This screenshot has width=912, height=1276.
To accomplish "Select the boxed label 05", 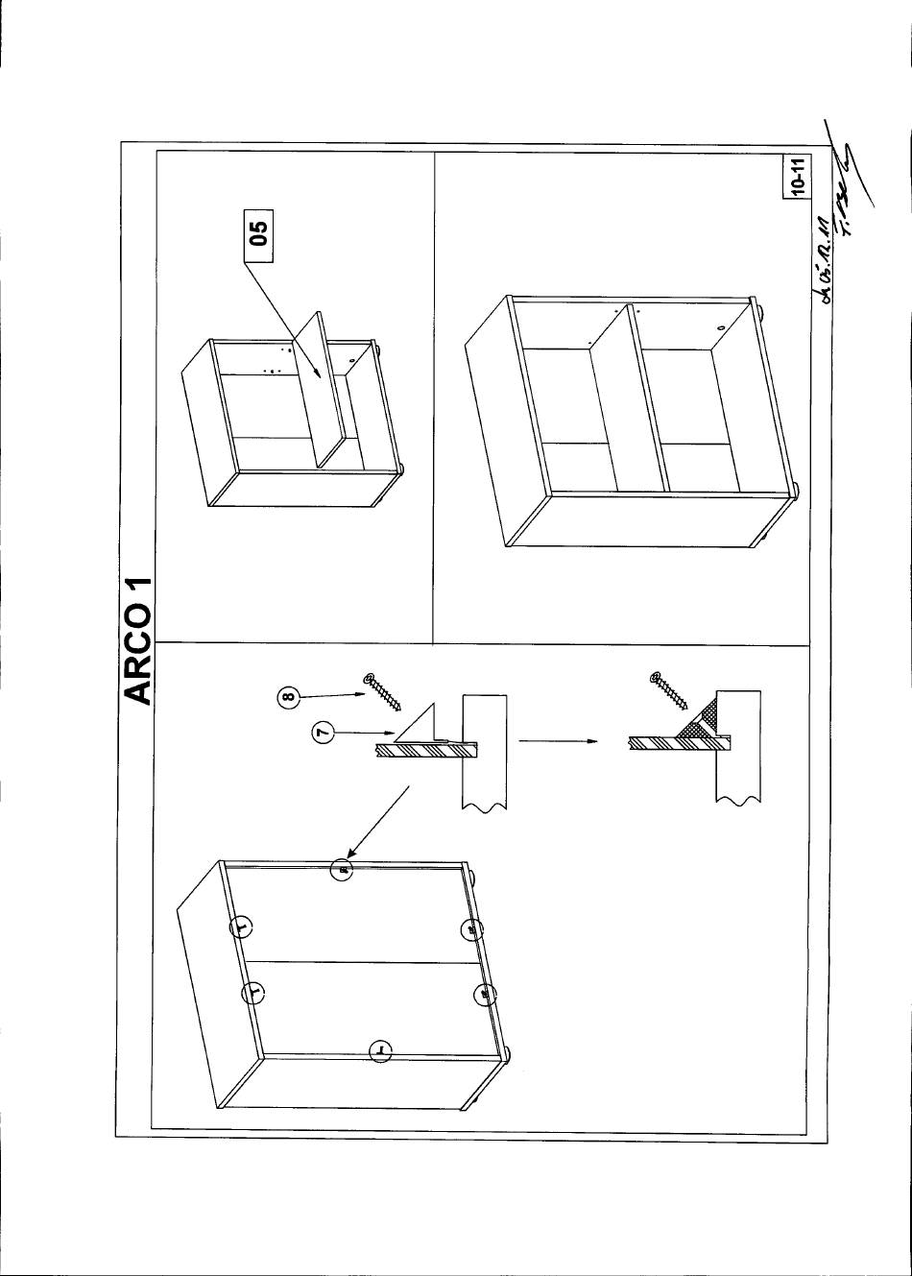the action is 258,234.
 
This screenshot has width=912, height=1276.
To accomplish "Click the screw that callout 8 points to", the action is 383,692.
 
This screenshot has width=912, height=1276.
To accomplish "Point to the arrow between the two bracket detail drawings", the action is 556,740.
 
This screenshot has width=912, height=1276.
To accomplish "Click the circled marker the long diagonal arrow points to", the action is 341,870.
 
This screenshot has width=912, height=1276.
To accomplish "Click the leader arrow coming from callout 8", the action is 332,694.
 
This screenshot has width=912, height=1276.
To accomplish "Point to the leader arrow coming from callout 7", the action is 355,735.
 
